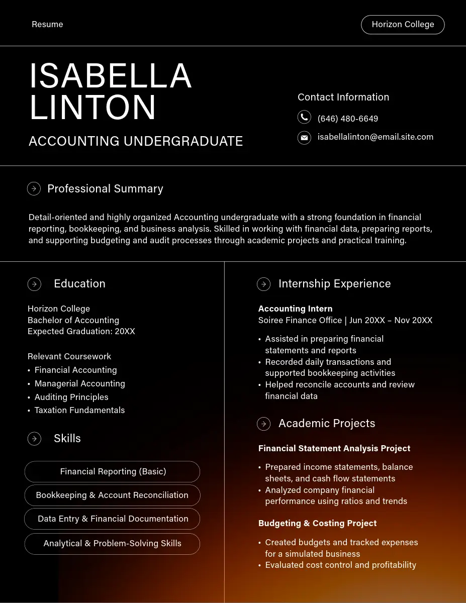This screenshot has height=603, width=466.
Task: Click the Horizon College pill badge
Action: tap(403, 25)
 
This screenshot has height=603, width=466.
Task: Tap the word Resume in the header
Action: tap(47, 25)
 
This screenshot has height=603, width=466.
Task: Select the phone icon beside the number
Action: tap(304, 118)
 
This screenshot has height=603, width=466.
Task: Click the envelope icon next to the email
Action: tap(304, 137)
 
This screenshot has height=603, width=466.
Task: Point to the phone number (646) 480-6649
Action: tap(347, 119)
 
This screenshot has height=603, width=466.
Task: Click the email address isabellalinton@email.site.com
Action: tap(375, 137)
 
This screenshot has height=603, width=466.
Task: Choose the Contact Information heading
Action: tap(343, 97)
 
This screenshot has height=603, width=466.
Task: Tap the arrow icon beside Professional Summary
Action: tap(34, 189)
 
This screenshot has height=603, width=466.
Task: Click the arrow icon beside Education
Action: tap(34, 284)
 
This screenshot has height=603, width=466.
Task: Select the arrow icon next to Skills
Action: tap(34, 439)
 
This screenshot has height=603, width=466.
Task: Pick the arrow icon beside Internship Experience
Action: tap(263, 284)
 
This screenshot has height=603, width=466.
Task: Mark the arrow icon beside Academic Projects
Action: tap(263, 424)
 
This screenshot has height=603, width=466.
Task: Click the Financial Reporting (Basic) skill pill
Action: tap(113, 472)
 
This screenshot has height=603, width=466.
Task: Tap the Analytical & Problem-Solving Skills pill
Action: tap(112, 544)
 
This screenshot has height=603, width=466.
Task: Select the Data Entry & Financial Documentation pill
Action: tap(113, 519)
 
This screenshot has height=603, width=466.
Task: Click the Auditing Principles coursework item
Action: tap(71, 397)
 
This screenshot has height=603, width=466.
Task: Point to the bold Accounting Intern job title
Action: tap(295, 309)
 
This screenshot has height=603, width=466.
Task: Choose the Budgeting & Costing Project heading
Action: tap(317, 523)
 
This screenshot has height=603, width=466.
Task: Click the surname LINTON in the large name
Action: tap(93, 108)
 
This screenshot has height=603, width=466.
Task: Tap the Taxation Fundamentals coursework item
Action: tap(79, 410)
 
